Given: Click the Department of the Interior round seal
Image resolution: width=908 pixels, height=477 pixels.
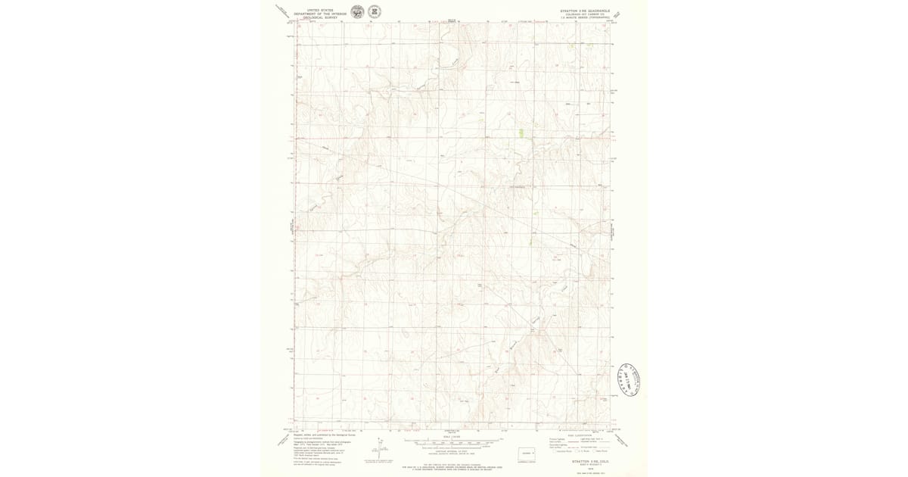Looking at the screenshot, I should point(357,11).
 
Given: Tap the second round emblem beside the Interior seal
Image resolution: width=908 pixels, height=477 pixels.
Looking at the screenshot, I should point(374,11).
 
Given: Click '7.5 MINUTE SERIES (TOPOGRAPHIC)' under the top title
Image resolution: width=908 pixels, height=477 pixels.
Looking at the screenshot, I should point(584,17).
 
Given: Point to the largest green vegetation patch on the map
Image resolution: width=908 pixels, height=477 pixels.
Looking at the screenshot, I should point(521,132).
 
